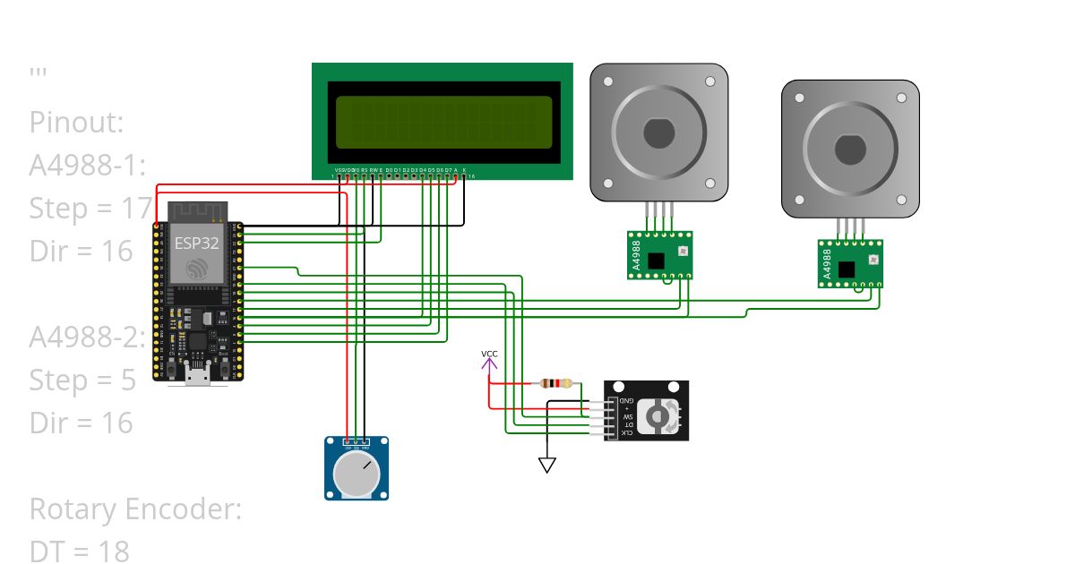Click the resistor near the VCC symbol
tap(556, 384)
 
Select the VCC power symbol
tap(489, 360)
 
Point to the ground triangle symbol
tap(546, 465)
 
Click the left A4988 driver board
tap(659, 255)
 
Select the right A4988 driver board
tap(850, 263)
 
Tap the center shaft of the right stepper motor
tap(850, 149)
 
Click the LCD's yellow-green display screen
tap(443, 122)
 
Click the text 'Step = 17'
tap(90, 209)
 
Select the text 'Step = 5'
tap(82, 380)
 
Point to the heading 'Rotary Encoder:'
tap(135, 508)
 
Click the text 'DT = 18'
tap(79, 551)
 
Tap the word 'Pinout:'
tap(76, 122)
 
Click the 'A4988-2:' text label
tap(87, 337)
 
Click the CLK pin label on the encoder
tap(629, 432)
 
